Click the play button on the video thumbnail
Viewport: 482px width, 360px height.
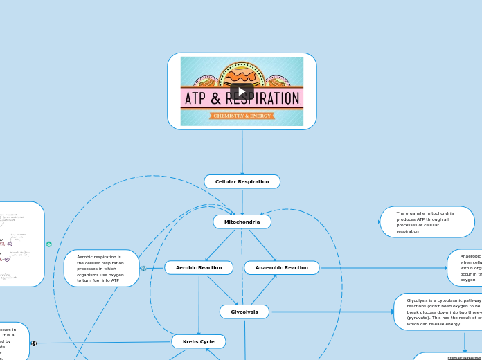pos(242,91)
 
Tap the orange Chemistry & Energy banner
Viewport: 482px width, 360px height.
pos(242,116)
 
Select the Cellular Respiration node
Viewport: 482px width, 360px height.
pos(242,181)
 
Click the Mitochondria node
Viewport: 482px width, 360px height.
pos(242,222)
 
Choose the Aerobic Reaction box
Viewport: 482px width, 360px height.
pos(199,267)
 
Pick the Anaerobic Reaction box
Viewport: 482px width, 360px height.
pos(281,267)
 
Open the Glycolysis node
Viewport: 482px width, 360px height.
pos(244,312)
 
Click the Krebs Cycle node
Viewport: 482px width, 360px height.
pos(198,341)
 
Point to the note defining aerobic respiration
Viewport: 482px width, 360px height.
pos(101,269)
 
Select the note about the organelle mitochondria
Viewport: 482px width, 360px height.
pos(427,222)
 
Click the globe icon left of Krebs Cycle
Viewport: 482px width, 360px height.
pos(34,343)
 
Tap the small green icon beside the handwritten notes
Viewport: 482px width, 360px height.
pos(49,244)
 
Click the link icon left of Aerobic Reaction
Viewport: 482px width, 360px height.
pos(143,268)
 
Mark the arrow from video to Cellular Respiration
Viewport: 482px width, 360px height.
pos(242,152)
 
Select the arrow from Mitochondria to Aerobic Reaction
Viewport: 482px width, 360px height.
pos(219,245)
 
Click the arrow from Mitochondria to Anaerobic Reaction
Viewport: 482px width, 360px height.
pos(263,245)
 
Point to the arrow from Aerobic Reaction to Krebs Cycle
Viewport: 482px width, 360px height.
pos(199,305)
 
